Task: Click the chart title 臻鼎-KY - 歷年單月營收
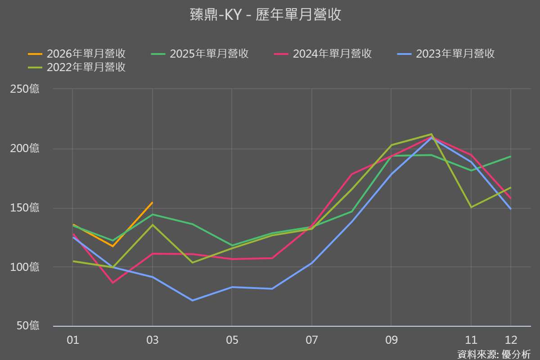[265, 15]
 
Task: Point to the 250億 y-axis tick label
[25, 89]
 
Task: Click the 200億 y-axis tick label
[25, 148]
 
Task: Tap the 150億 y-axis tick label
[25, 208]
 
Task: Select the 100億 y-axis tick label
[25, 267]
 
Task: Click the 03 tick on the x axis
[153, 340]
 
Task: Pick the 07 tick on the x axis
[311, 340]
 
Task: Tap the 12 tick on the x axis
[511, 340]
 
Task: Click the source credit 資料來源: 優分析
[494, 354]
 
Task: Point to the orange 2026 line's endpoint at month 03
[153, 202]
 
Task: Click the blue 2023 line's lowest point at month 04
[193, 300]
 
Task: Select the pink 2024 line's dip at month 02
[112, 283]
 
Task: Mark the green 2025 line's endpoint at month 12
[511, 157]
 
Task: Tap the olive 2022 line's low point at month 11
[471, 207]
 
